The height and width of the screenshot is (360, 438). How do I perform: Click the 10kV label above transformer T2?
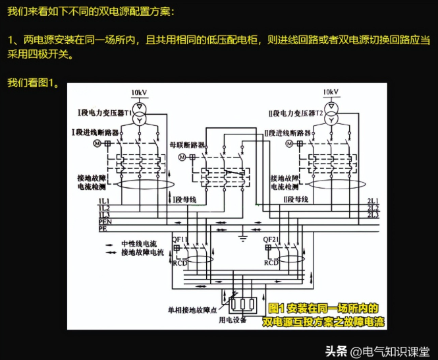coord(331,92)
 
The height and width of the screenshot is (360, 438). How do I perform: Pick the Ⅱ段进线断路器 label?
coord(286,133)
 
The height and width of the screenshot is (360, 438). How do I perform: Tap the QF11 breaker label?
coord(180,239)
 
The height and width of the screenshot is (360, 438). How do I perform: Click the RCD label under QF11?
coord(180,262)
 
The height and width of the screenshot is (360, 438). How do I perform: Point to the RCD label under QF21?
coord(271,262)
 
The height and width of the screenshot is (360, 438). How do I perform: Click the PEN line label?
coord(104,222)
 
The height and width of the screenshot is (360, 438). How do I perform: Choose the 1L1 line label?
coord(104,200)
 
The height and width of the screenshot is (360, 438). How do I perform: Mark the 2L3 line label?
coord(373,214)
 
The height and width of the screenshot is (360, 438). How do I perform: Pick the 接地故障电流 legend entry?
coord(142,252)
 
